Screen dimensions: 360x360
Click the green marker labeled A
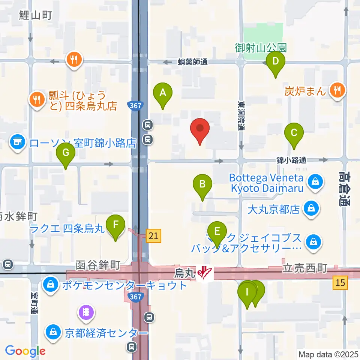(163, 93)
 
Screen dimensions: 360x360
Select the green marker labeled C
(294, 133)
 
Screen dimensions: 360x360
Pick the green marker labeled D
(276, 61)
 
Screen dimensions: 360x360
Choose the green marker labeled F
(115, 225)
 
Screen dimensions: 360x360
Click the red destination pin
(200, 128)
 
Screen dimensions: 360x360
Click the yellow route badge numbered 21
(154, 235)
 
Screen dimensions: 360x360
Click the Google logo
(25, 351)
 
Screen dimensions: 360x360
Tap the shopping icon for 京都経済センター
(53, 332)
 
